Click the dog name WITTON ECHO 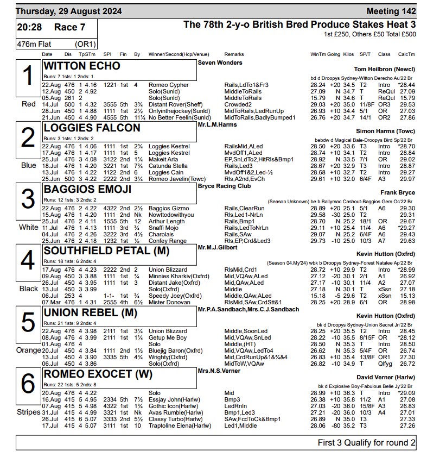82,66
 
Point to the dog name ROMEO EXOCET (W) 98,374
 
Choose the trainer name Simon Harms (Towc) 386,131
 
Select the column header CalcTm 406,54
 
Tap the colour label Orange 28,350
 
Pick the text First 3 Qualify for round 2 366,443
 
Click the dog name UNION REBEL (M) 90,313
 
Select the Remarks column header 234,54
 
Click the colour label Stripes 28,412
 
